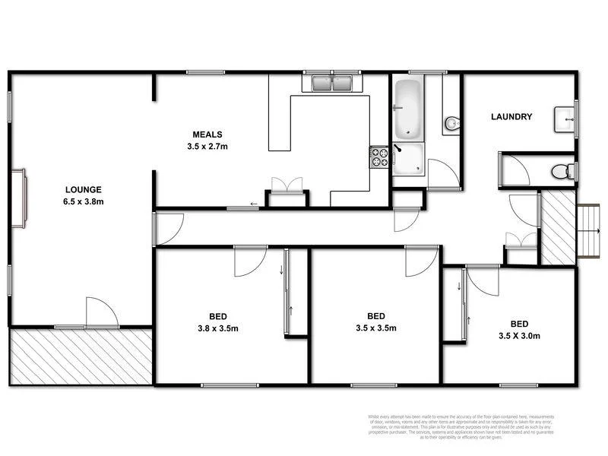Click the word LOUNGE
83,189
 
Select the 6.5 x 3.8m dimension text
83,201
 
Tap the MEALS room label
207,135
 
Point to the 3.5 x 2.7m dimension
207,146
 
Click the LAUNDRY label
511,117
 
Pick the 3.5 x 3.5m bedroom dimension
376,328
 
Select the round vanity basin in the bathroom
451,122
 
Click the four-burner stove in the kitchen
378,157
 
